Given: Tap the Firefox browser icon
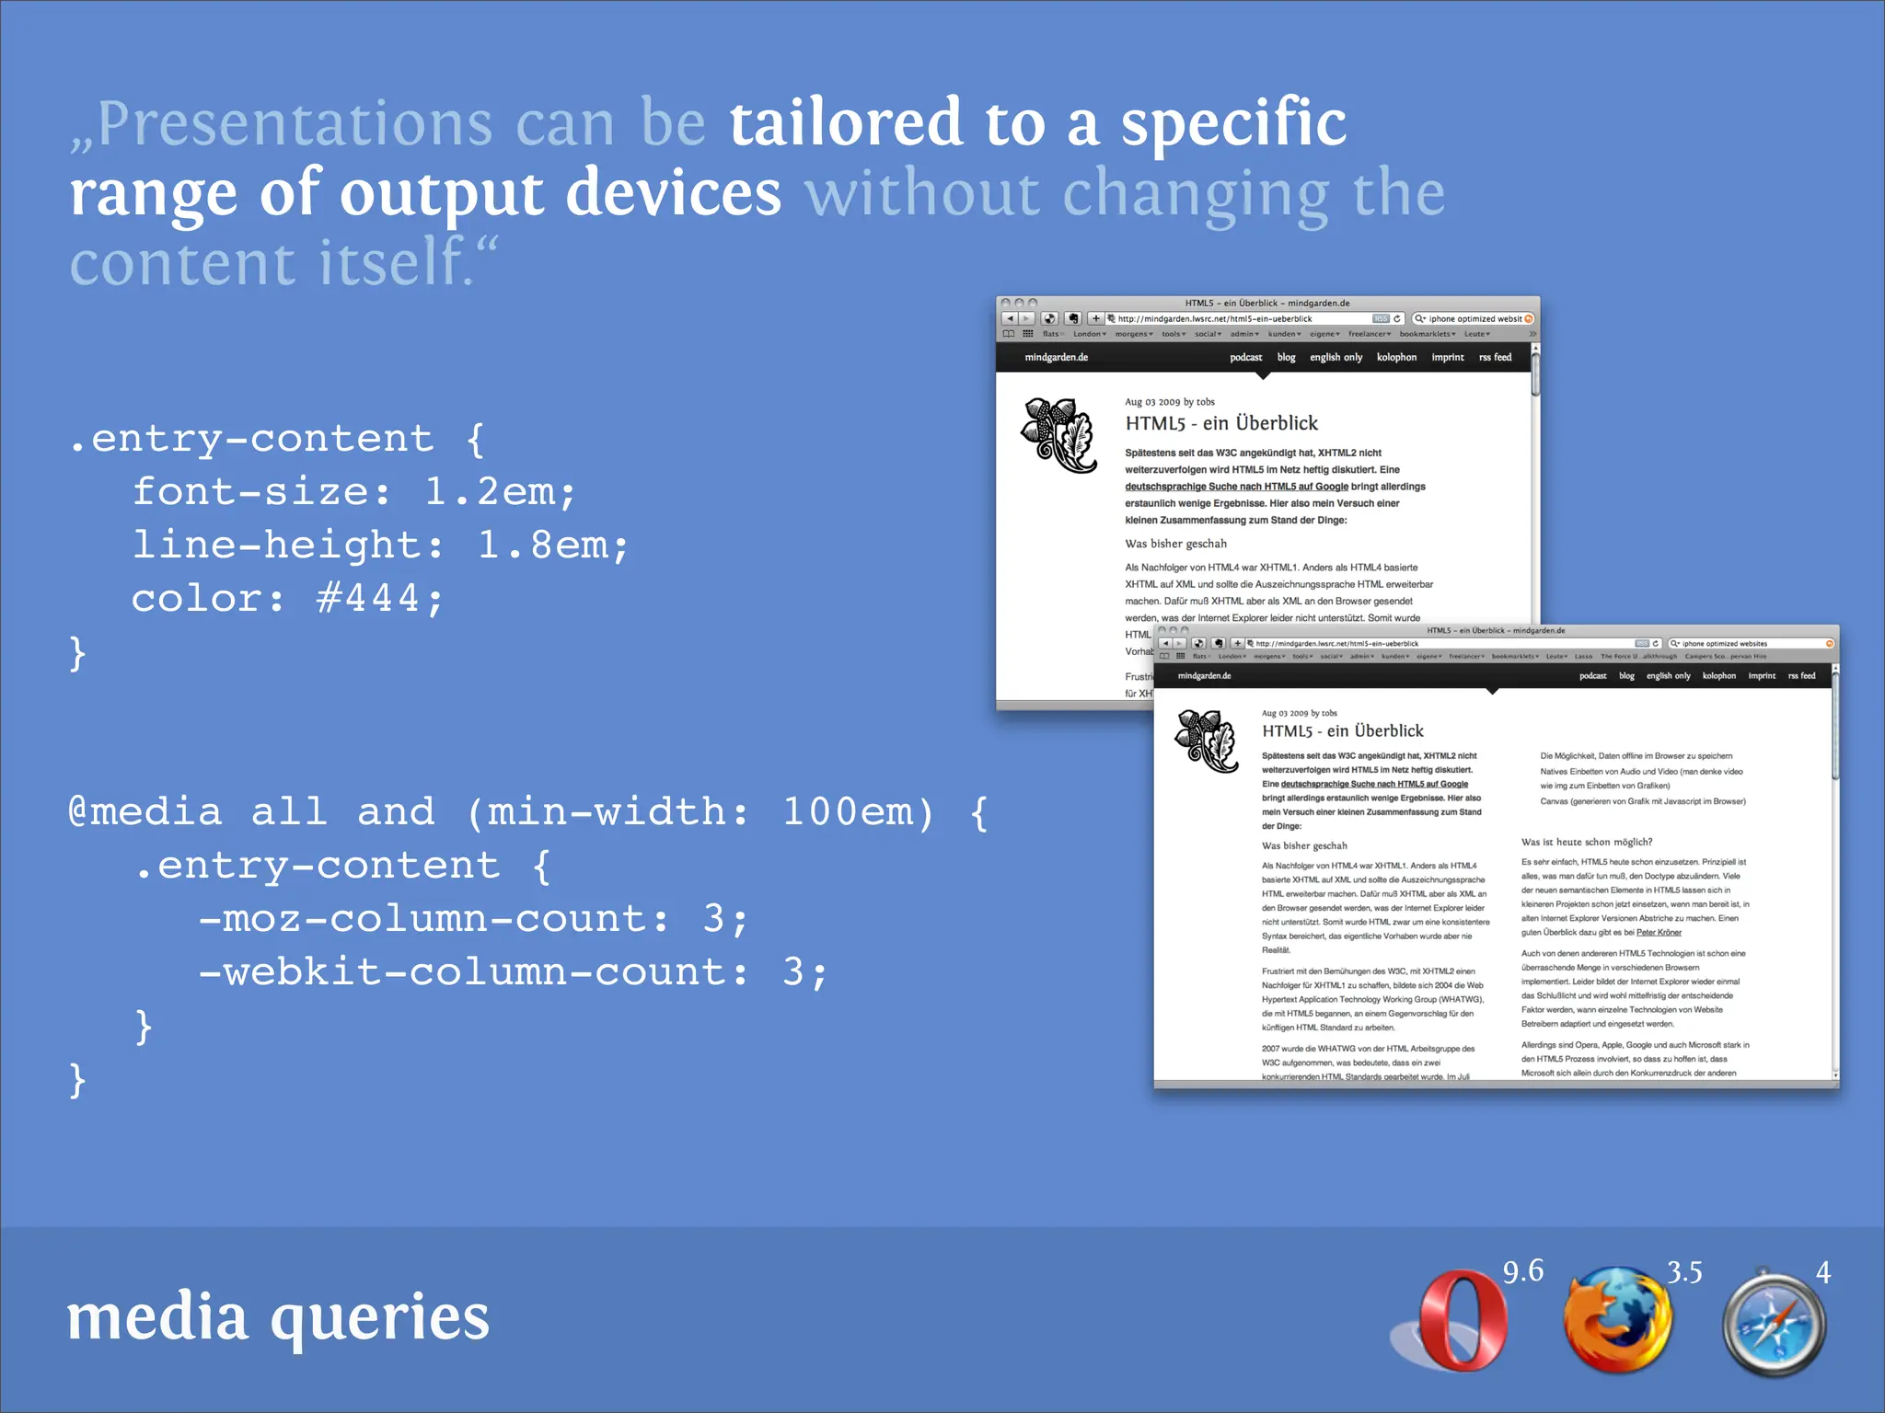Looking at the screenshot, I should (1618, 1320).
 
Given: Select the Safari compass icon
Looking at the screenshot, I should (1774, 1323).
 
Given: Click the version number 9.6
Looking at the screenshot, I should (1522, 1271).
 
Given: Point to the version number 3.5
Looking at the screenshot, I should (1684, 1272).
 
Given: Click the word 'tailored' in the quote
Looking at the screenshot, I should (846, 123).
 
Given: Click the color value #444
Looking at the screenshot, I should (367, 599).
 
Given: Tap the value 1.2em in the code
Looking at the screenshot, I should (491, 492).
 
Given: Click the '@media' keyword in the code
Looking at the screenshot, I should (145, 812).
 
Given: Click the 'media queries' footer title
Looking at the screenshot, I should (278, 1316).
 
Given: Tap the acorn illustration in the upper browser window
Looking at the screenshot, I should (1059, 434).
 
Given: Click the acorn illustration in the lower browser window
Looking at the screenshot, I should (1207, 741).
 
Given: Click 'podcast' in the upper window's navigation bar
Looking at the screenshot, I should (1245, 357).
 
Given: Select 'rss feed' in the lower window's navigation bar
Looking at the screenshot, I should (1801, 676).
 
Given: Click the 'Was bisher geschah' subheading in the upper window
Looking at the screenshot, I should (1175, 544).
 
